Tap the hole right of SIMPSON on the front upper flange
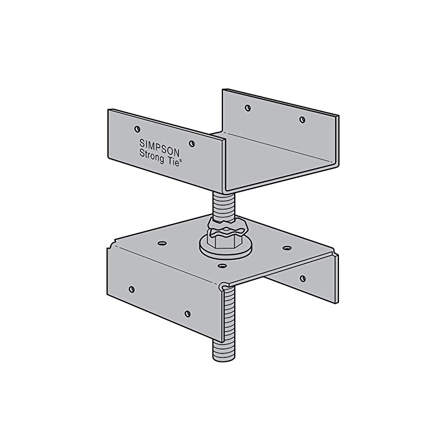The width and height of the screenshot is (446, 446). coord(192,143)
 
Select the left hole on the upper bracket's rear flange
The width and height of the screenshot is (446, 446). coord(248,108)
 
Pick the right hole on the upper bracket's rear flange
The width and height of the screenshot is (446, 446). coord(302,119)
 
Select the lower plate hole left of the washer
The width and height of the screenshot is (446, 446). coord(162,244)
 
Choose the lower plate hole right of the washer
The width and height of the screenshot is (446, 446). coord(287,247)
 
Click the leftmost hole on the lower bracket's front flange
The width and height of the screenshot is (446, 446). coord(132,288)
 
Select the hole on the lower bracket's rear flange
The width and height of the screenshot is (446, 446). coord(303,278)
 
